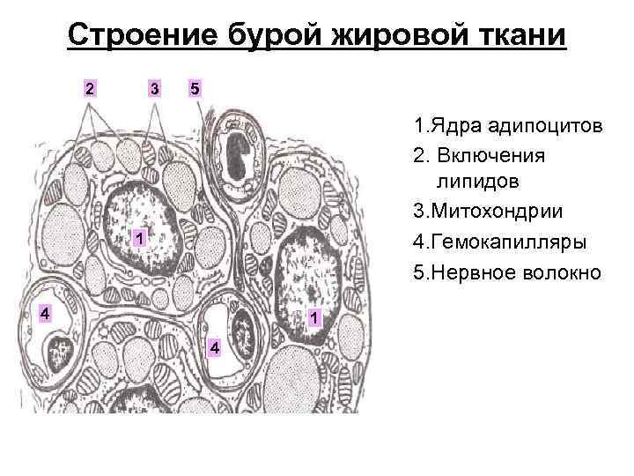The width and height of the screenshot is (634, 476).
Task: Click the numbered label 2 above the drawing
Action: [89, 88]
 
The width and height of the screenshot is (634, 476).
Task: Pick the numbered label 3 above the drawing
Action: [154, 88]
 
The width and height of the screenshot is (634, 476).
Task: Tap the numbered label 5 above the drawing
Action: [195, 88]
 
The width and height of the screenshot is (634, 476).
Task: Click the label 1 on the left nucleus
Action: [139, 239]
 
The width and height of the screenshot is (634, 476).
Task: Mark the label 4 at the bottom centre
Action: [214, 350]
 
